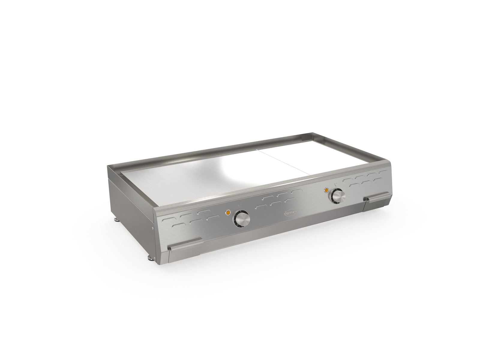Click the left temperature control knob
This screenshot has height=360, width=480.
click(242, 219)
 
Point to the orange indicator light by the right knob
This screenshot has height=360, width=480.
click(325, 190)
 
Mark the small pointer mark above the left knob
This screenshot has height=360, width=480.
click(238, 206)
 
